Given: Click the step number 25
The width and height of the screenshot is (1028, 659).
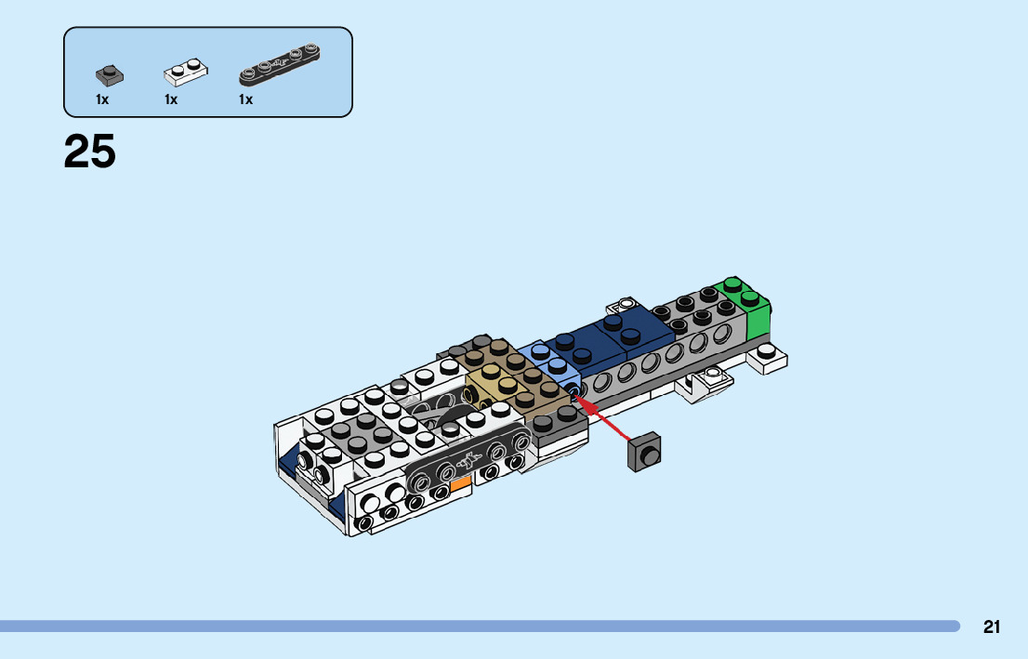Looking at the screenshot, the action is click(x=90, y=152).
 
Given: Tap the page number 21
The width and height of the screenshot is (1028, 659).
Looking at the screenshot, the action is click(x=991, y=626).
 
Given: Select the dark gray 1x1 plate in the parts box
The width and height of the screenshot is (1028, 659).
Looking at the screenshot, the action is click(x=110, y=75).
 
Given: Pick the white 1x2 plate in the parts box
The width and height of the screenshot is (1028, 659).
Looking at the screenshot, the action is click(x=186, y=72).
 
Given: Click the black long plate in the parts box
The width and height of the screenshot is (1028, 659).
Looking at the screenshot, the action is click(x=279, y=64).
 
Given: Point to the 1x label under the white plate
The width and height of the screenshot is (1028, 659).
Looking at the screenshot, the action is click(x=171, y=99).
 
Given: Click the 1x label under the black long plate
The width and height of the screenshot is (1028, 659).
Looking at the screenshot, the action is click(x=246, y=99).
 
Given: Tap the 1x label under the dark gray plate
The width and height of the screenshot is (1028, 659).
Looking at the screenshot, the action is click(x=102, y=99).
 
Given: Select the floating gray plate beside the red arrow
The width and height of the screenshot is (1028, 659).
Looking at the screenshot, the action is click(x=644, y=452).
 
